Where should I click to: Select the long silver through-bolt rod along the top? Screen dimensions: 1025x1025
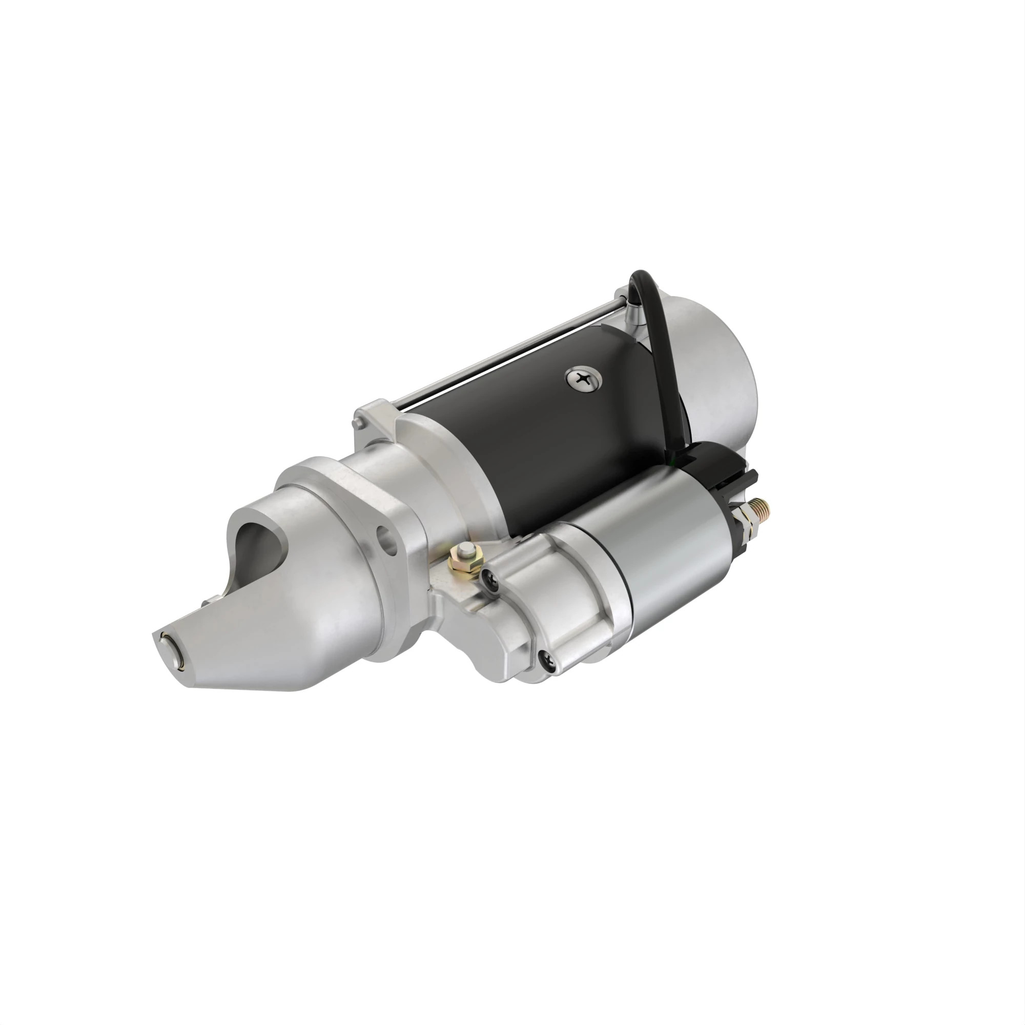tap(509, 356)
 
